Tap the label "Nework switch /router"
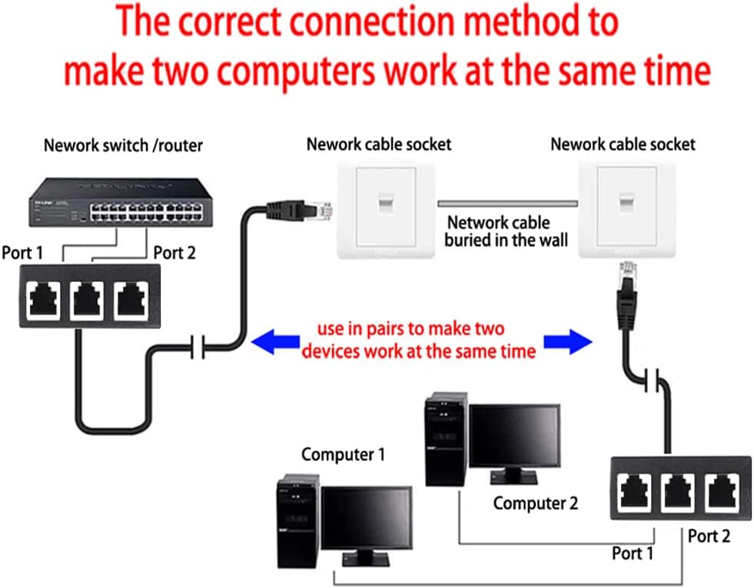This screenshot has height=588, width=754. click(x=123, y=145)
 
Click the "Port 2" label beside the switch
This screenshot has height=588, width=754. click(x=174, y=253)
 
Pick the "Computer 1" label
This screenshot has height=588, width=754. click(x=343, y=454)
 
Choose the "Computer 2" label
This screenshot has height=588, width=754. click(x=535, y=503)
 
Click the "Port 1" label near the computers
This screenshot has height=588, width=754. click(x=632, y=553)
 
